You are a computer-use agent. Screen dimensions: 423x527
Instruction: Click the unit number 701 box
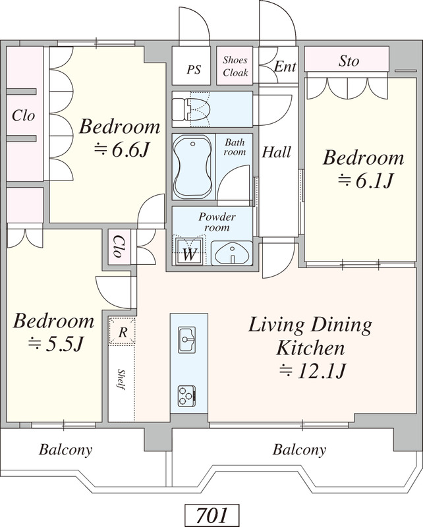212,515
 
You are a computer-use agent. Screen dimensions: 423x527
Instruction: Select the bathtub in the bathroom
192,167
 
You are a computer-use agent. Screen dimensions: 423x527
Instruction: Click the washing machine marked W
189,251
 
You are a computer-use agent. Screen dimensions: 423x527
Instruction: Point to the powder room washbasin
231,253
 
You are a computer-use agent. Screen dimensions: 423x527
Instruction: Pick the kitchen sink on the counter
187,339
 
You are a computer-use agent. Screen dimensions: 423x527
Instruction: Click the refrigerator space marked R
123,332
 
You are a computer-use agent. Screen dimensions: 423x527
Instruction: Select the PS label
194,70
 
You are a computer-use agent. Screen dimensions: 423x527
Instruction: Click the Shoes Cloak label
235,67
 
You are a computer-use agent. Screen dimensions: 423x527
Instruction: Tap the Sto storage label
349,61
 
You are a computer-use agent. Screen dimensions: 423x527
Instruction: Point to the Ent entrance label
285,67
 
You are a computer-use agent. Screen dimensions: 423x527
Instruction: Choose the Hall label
276,152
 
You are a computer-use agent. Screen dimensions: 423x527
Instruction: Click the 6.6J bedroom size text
121,150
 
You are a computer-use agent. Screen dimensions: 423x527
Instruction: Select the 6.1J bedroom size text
365,181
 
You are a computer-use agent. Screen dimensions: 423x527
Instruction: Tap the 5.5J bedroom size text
55,344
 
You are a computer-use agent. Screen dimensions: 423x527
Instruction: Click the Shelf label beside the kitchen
121,379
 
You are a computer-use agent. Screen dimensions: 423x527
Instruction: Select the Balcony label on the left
66,449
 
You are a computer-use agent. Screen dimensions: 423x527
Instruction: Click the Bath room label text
235,147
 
